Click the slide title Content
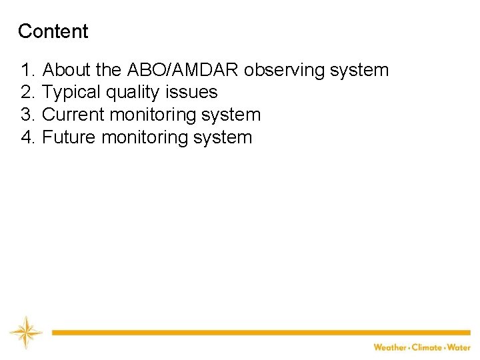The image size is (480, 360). click(x=53, y=31)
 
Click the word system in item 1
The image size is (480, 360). click(x=363, y=70)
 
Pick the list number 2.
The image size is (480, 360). click(x=28, y=92)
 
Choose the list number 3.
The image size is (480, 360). click(x=28, y=115)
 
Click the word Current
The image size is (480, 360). click(x=73, y=115)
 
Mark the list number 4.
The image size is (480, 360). click(x=28, y=137)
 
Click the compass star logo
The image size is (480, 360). click(x=26, y=332)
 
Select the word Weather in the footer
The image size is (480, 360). click(x=390, y=347)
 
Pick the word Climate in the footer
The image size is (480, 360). click(x=427, y=347)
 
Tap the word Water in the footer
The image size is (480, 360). click(x=459, y=347)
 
